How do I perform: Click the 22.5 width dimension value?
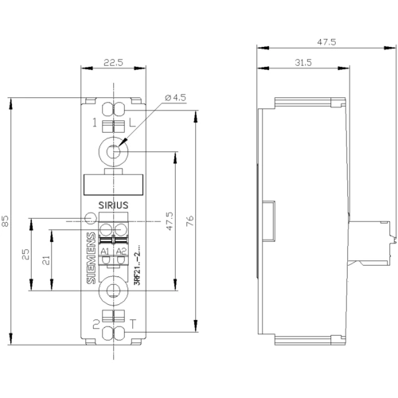[113, 63]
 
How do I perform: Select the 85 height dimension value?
[6, 221]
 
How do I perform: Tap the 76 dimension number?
[190, 221]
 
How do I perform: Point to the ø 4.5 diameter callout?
[175, 98]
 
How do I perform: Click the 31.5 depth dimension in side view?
[303, 63]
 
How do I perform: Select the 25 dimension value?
[26, 254]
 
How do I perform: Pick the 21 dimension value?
[46, 260]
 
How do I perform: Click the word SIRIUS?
[113, 205]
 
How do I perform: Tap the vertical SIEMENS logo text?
[92, 258]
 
